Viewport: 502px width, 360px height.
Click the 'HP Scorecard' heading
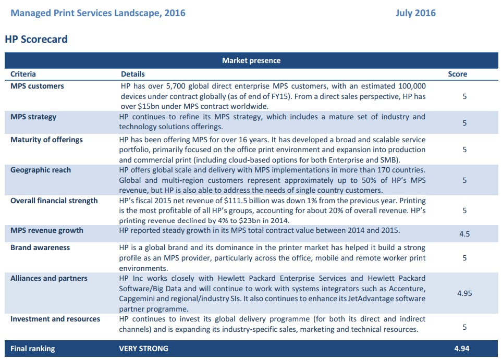tap(36, 39)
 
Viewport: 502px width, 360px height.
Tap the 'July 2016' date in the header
tap(415, 13)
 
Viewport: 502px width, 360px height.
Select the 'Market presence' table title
tap(251, 60)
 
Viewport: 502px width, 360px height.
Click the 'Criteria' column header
tap(23, 74)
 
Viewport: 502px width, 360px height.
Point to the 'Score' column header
tap(457, 74)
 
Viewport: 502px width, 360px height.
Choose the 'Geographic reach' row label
tap(41, 170)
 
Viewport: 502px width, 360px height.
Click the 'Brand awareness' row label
tap(40, 247)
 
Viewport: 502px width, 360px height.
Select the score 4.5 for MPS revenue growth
tap(464, 234)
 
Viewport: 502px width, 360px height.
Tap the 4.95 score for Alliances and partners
tap(464, 293)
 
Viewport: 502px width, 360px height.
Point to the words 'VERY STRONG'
tap(143, 349)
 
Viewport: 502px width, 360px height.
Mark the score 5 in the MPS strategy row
tap(464, 123)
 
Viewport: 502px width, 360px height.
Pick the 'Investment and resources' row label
tap(55, 319)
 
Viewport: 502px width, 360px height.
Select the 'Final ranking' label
tap(32, 349)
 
